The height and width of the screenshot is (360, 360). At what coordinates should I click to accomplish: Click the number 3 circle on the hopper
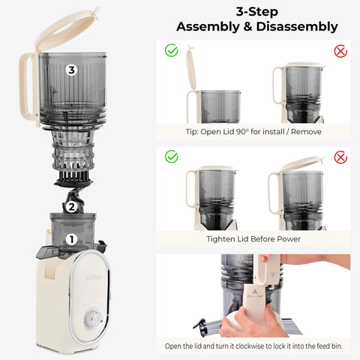point(71,70)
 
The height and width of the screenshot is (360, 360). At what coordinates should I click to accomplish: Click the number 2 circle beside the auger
point(70,206)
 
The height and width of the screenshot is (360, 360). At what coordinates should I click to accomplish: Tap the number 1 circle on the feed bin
point(71,240)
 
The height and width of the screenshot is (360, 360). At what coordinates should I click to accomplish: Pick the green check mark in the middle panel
point(171,157)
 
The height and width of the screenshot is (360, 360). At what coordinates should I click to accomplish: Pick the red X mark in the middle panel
point(340,157)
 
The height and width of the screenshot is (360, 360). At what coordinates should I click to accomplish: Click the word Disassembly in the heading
point(295,28)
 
